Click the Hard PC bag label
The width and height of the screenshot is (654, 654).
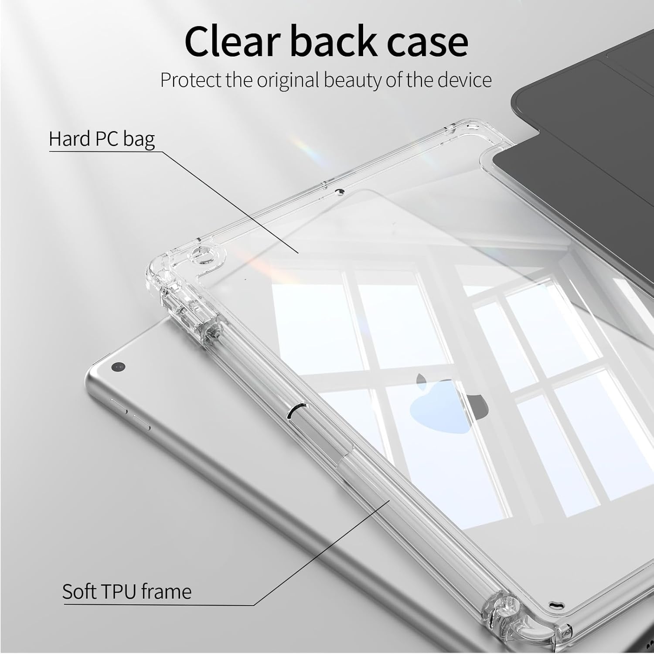pos(102,139)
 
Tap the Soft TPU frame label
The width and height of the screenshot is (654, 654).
pos(127,592)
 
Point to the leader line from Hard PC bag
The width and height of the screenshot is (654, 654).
pos(231,203)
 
